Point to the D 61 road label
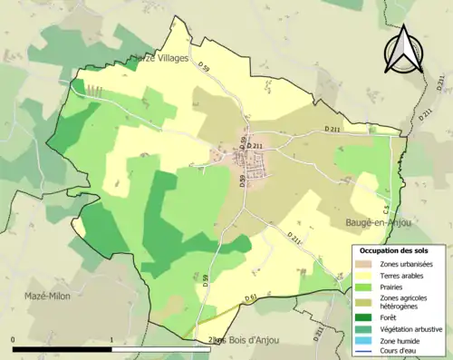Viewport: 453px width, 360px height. tap(251, 297)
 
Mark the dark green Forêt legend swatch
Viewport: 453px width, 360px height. tap(362, 319)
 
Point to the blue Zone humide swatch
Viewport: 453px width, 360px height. tap(362, 342)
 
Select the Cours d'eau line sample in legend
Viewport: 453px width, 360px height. tap(362, 353)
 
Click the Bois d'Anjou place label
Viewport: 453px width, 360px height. tap(249, 340)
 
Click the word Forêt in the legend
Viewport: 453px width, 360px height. tap(390, 319)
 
